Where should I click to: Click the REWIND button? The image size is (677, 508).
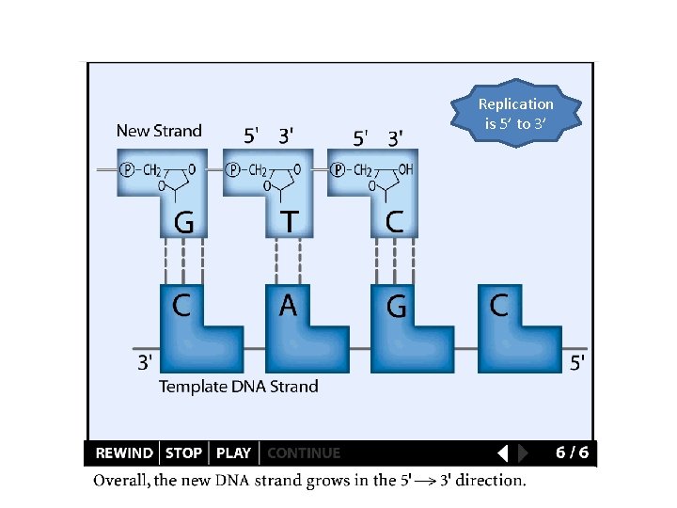point(124,453)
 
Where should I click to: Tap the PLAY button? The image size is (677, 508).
point(233,453)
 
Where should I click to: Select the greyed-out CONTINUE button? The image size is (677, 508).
point(304,453)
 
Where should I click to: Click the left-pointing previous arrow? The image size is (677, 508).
point(502,453)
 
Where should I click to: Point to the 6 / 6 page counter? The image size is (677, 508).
point(572,452)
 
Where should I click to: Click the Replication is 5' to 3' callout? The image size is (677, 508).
point(516,114)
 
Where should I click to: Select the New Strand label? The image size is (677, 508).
point(159,131)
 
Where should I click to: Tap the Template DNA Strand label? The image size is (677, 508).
point(239,387)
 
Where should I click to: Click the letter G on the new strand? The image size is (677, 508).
point(184,223)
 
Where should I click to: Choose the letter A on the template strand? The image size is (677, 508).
point(288,306)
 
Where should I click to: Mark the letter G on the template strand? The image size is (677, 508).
point(397,307)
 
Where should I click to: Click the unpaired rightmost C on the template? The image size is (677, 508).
point(499,306)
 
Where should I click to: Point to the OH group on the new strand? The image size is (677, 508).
point(405,170)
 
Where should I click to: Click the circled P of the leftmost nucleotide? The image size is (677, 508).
point(127,170)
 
